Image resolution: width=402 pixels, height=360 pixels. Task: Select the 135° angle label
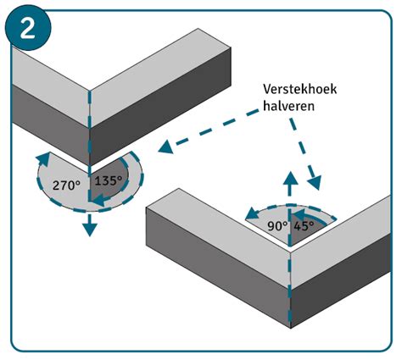(108, 180)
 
